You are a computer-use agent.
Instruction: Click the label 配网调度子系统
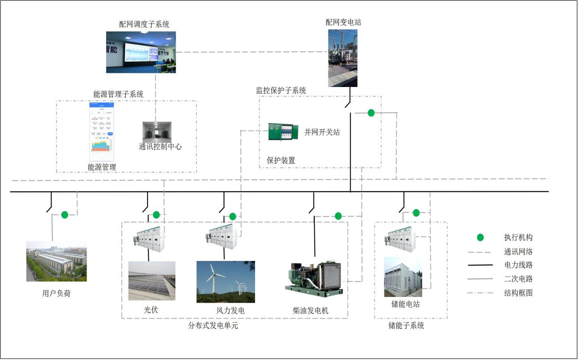pos(144,24)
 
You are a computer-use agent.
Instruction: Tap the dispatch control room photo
pos(141,52)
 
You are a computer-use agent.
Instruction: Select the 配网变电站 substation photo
pos(343,58)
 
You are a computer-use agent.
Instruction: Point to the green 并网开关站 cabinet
pos(281,132)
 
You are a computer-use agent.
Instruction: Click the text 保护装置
pos(281,161)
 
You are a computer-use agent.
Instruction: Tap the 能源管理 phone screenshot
pos(102,132)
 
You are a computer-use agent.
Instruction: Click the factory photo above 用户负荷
pos(56,261)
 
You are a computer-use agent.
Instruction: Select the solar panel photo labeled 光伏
pos(151,281)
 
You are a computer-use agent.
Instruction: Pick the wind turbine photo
pos(226,282)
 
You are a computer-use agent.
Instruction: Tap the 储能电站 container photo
pos(403,277)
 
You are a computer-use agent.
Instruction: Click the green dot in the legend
pos(480,237)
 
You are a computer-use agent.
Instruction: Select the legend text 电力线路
pos(518,265)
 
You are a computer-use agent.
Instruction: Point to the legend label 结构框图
pos(518,293)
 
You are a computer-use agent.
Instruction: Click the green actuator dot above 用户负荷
pos(65,215)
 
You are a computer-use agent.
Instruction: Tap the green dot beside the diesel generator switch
pos(338,216)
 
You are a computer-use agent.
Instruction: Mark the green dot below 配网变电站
pos(371,113)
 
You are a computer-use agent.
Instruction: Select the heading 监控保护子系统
pos(281,91)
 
